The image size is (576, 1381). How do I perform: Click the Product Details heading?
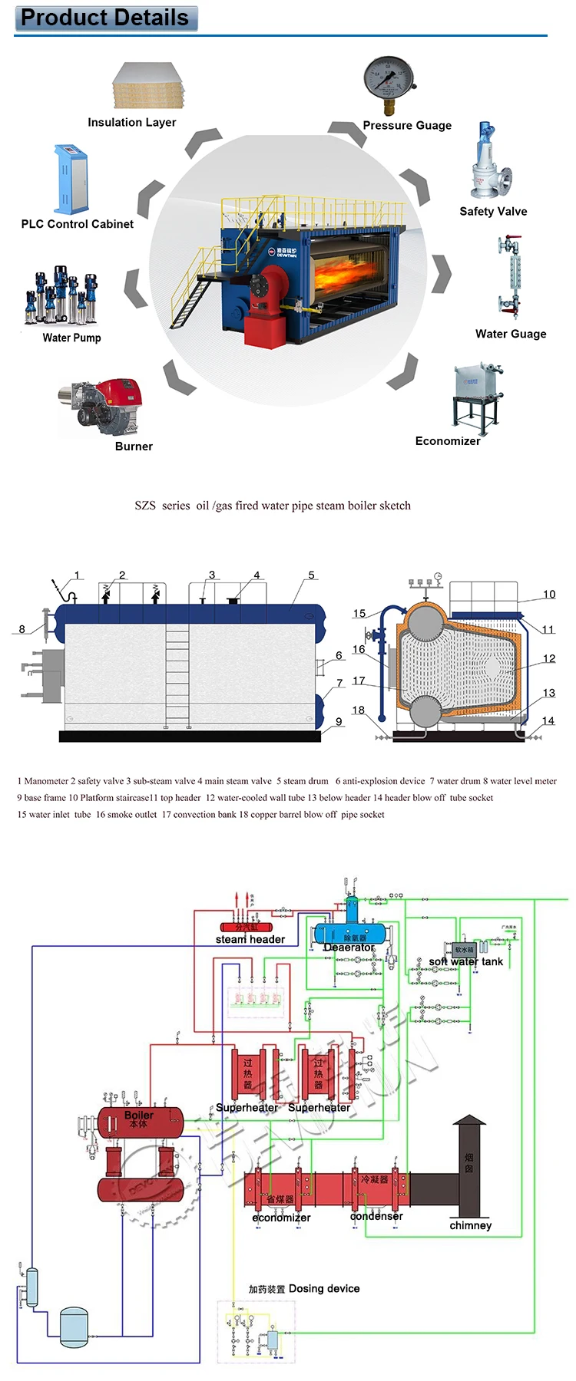point(105,18)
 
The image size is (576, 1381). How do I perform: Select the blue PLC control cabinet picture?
point(71,179)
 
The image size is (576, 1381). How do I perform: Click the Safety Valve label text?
point(493,211)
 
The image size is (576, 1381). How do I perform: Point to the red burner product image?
point(104,405)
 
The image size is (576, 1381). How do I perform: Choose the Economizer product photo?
point(477,396)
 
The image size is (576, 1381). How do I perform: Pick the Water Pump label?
point(71,338)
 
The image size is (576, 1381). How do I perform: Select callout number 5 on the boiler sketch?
point(311,575)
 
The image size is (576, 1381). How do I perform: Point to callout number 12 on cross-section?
point(548,658)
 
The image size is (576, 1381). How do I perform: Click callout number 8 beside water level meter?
point(22,629)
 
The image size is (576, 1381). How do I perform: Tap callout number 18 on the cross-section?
point(358,710)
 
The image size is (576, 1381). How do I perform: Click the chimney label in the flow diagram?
point(470,1225)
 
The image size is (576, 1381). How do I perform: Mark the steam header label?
point(250,939)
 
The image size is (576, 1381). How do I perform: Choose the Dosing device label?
point(323,1288)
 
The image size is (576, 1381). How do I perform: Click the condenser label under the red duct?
point(376,1216)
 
